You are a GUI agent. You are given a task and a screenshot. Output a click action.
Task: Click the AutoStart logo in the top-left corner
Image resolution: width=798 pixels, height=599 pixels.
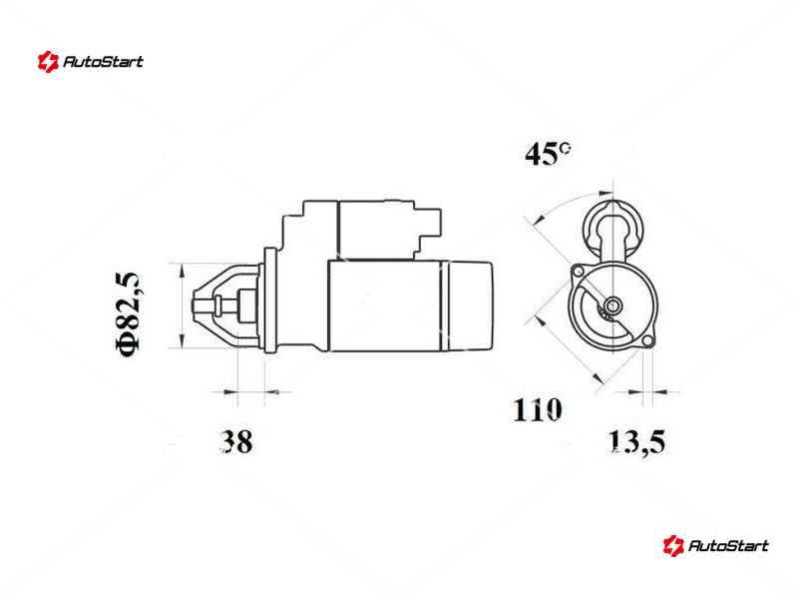pyautogui.click(x=90, y=62)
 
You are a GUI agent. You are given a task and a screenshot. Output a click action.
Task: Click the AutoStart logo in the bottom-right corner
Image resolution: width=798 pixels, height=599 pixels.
pyautogui.click(x=715, y=545)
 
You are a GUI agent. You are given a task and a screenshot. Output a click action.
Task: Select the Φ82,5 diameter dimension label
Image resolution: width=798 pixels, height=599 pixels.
pyautogui.click(x=128, y=314)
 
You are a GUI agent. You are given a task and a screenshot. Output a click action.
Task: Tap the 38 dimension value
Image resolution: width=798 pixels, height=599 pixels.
pyautogui.click(x=236, y=441)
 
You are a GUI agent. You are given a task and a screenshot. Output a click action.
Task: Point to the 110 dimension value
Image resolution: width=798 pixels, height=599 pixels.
pyautogui.click(x=538, y=410)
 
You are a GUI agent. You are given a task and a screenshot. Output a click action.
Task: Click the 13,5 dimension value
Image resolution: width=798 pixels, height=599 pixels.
pyautogui.click(x=636, y=441)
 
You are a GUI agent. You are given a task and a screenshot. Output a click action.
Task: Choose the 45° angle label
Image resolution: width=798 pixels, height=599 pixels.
pyautogui.click(x=547, y=154)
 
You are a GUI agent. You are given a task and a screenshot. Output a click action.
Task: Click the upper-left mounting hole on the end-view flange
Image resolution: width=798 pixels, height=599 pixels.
pyautogui.click(x=579, y=272)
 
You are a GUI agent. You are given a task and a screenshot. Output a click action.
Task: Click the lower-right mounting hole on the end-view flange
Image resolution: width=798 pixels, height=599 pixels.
pyautogui.click(x=647, y=340)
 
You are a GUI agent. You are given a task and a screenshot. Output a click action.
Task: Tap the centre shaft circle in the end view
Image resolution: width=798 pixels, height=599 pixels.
pyautogui.click(x=612, y=305)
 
